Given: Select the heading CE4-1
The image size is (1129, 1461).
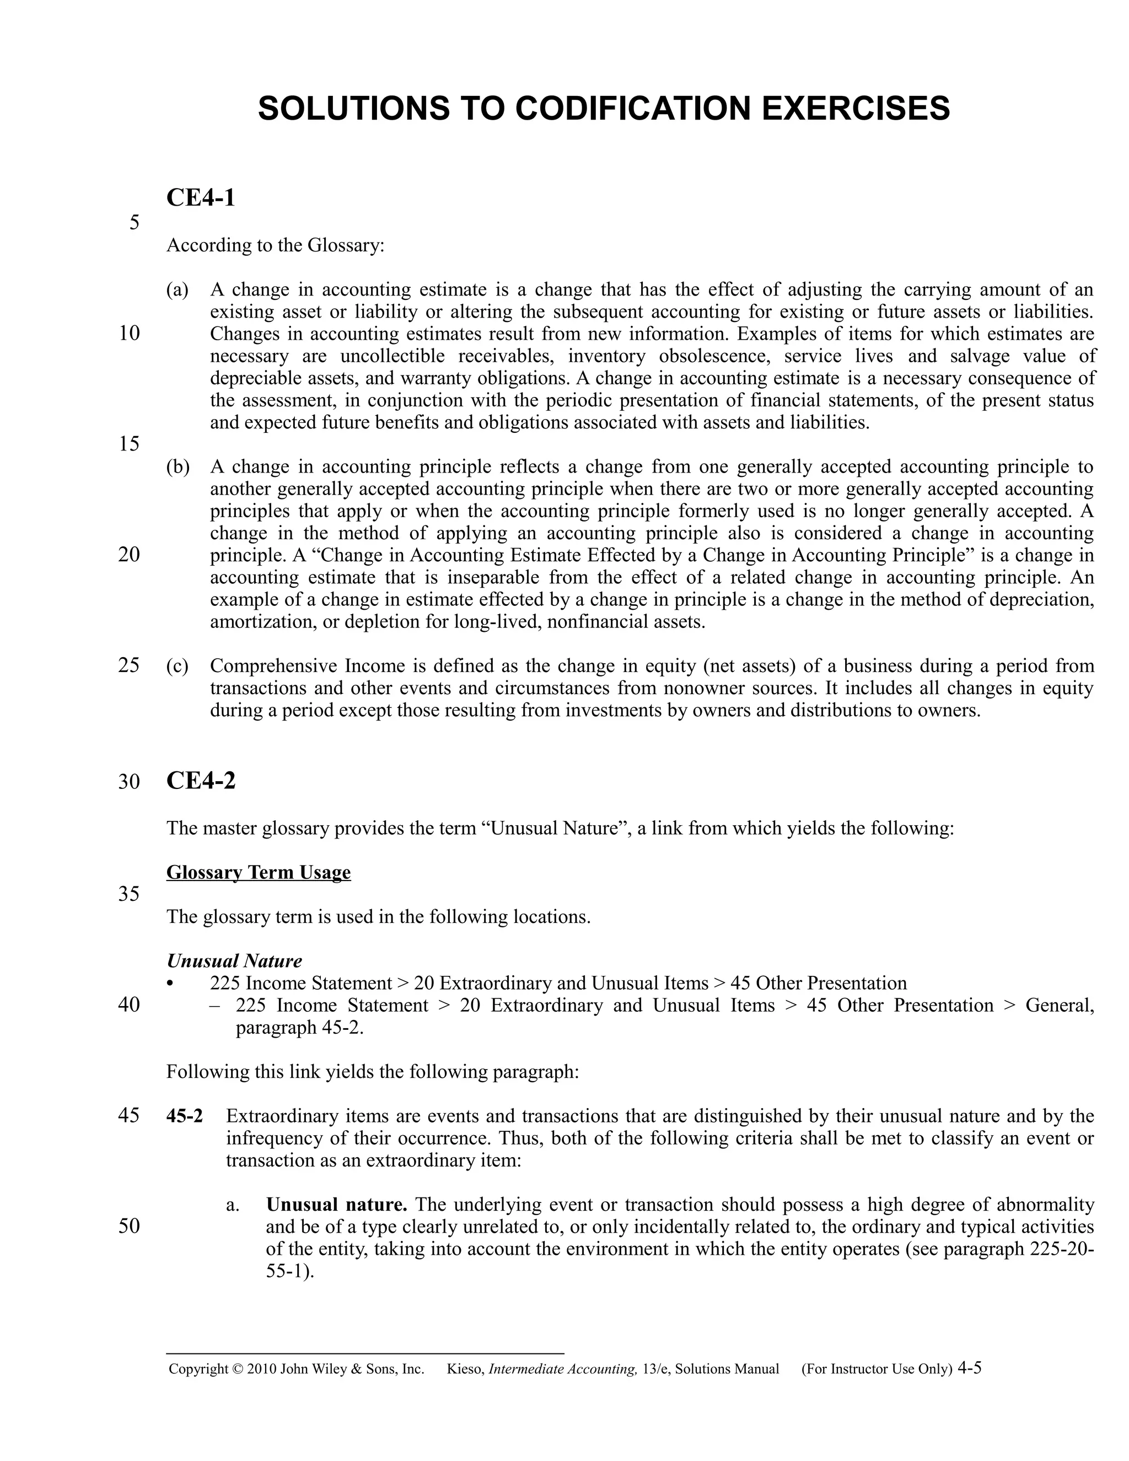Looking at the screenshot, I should coord(201,198).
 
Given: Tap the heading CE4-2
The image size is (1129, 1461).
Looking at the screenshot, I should coord(201,781).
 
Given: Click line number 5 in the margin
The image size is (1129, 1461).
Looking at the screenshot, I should coord(135,223).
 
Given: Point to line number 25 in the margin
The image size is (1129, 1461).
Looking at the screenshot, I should coord(129,665).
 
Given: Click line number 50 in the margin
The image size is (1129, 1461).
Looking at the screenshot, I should coord(129,1226).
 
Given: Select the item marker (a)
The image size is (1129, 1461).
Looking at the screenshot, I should coord(178,289).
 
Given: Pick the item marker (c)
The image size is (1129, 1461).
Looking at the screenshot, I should coord(178,667).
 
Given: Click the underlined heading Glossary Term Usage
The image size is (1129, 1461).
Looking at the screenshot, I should coord(258,872).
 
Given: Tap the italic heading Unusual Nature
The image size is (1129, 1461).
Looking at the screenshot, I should coord(234,962).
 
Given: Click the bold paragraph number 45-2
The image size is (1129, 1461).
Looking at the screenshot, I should coord(185,1116).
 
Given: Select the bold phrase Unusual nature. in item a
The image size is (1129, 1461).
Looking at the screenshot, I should coord(336,1205).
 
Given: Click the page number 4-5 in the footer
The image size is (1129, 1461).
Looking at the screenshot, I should coord(969,1367).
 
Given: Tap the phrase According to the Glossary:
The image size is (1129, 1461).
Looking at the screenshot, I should coord(276,245).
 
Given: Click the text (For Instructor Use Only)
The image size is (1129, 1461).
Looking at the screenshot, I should coord(876,1369).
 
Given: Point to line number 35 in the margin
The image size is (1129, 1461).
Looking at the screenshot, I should coord(129,894).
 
